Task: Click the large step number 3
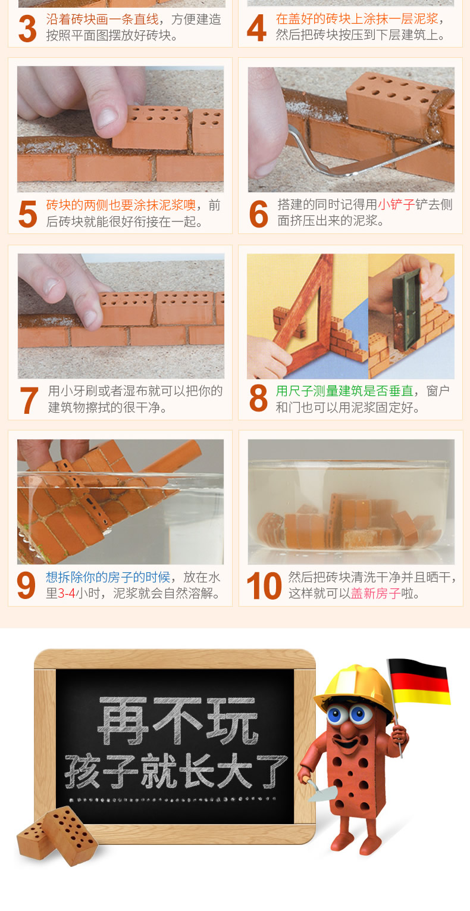click(27, 29)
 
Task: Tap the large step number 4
click(257, 28)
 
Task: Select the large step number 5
click(27, 214)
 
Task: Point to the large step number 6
click(258, 214)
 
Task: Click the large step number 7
click(29, 400)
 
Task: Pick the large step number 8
click(258, 398)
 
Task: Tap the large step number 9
click(26, 586)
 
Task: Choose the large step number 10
click(264, 586)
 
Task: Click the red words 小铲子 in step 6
click(396, 205)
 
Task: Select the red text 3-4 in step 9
click(67, 594)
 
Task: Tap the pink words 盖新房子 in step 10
click(376, 594)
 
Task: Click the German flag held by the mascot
click(420, 682)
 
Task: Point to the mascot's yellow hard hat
click(354, 690)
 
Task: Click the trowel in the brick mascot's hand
click(320, 790)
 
